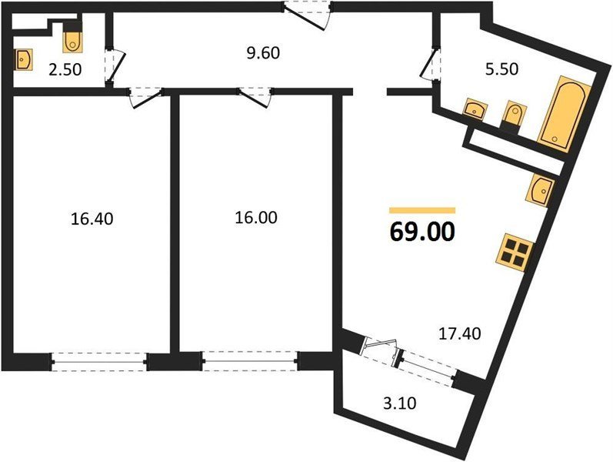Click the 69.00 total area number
(x=422, y=232)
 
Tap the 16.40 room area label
(x=92, y=219)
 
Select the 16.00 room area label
(x=256, y=217)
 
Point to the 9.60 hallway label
(x=263, y=53)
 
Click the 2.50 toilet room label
(x=65, y=69)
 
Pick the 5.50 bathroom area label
(x=501, y=69)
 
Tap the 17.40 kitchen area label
(x=460, y=333)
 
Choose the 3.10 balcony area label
(x=399, y=403)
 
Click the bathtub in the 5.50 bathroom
(x=565, y=113)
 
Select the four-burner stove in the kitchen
(x=515, y=253)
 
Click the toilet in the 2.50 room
(x=72, y=38)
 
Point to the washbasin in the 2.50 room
(x=23, y=59)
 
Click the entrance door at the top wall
(x=308, y=15)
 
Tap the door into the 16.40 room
(x=145, y=97)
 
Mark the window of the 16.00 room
(x=250, y=361)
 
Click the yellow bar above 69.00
(x=422, y=211)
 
